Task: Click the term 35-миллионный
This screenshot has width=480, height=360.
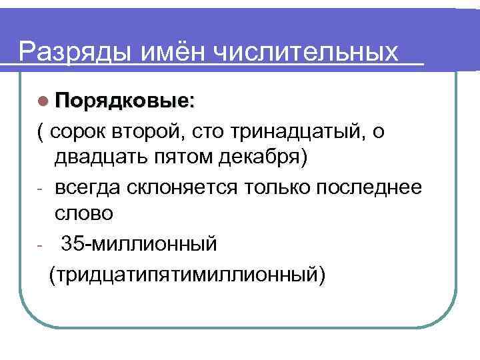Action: point(139,244)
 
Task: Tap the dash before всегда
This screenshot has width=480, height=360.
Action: point(41,189)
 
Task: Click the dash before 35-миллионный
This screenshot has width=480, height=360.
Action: point(41,245)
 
